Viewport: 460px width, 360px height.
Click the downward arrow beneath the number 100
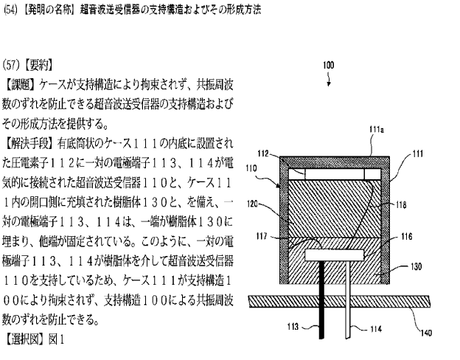(330, 79)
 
